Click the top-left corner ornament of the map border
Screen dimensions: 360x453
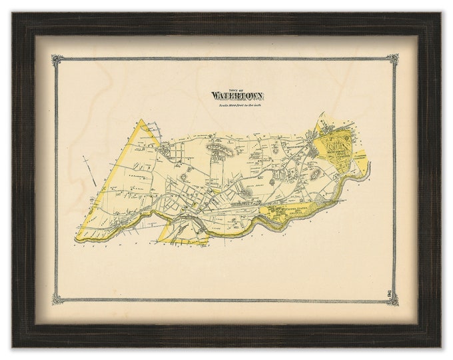click(x=58, y=60)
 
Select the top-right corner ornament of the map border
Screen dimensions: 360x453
click(x=393, y=60)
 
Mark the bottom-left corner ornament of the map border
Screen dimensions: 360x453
click(x=58, y=299)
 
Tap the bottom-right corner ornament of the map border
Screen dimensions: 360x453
click(x=393, y=299)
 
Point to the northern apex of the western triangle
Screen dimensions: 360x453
click(x=141, y=120)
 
